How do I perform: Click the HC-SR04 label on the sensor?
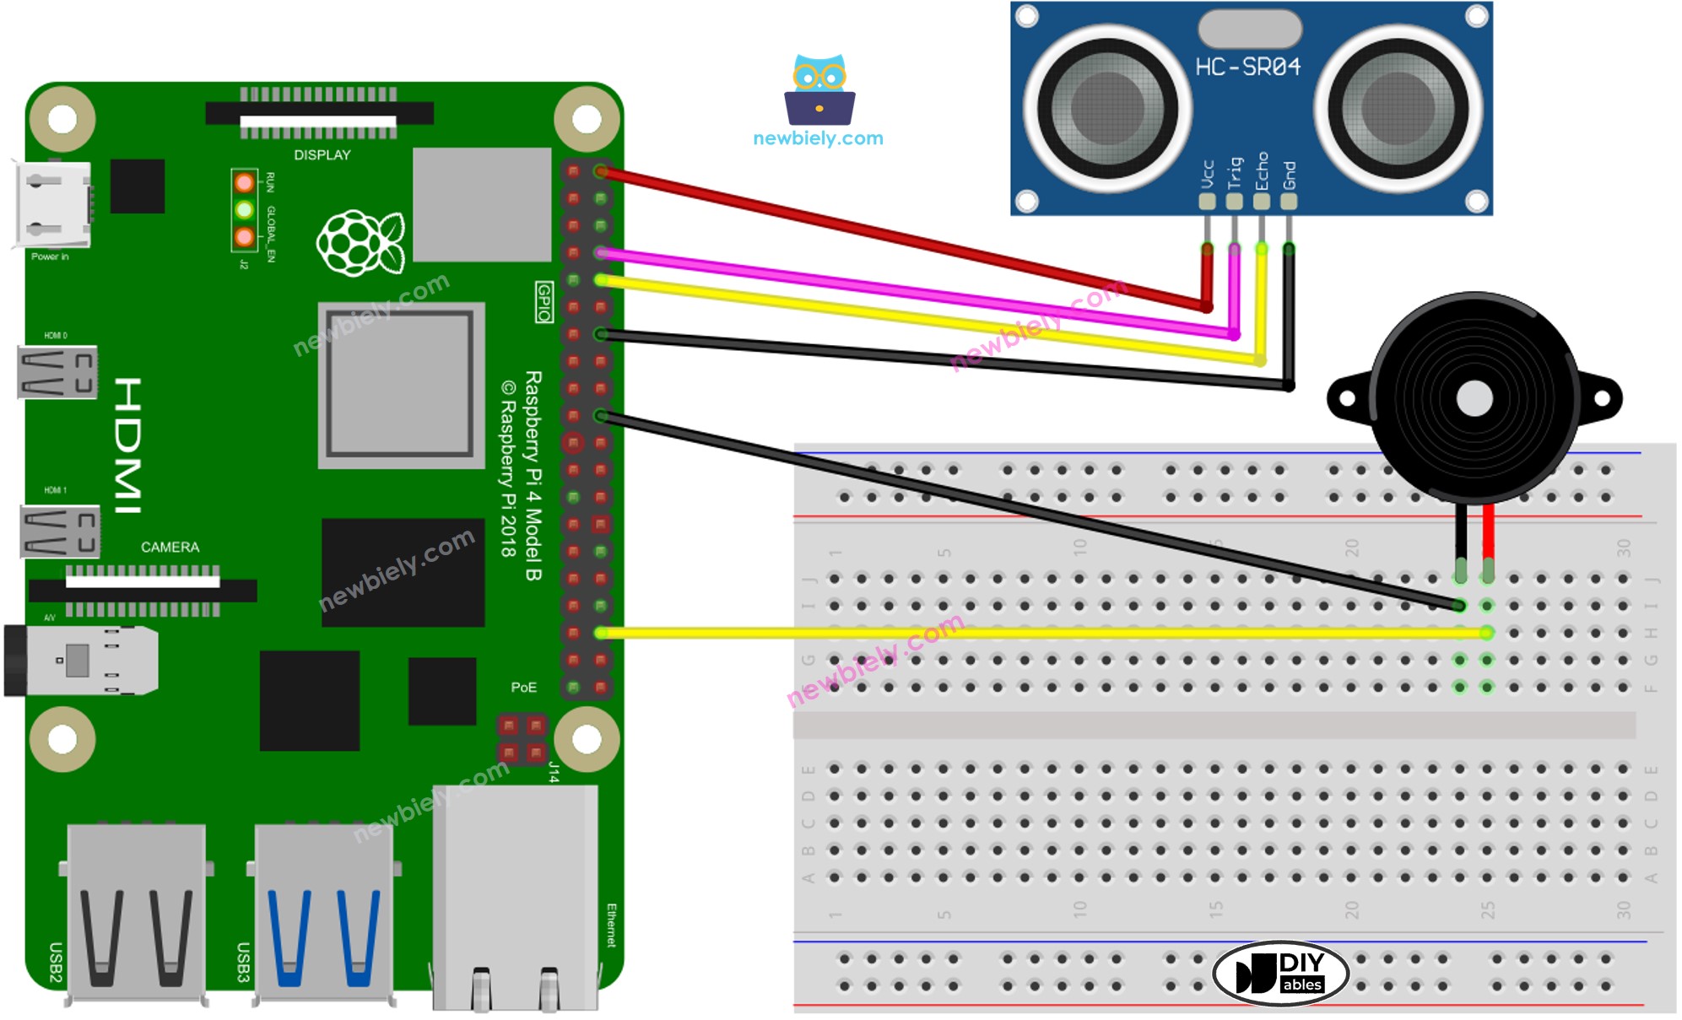click(1247, 67)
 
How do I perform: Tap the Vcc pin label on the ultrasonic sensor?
click(1207, 175)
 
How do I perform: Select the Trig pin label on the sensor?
click(1235, 173)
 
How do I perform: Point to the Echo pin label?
click(1262, 171)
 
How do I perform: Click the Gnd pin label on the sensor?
click(1289, 175)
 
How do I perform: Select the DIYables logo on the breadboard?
click(1280, 973)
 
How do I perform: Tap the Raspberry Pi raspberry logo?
click(360, 242)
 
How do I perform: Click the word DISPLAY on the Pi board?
click(322, 155)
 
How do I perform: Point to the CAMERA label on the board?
click(170, 548)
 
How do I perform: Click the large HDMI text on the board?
click(128, 445)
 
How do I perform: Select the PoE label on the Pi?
click(523, 688)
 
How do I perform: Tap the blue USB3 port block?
click(323, 911)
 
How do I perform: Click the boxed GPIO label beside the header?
click(544, 302)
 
